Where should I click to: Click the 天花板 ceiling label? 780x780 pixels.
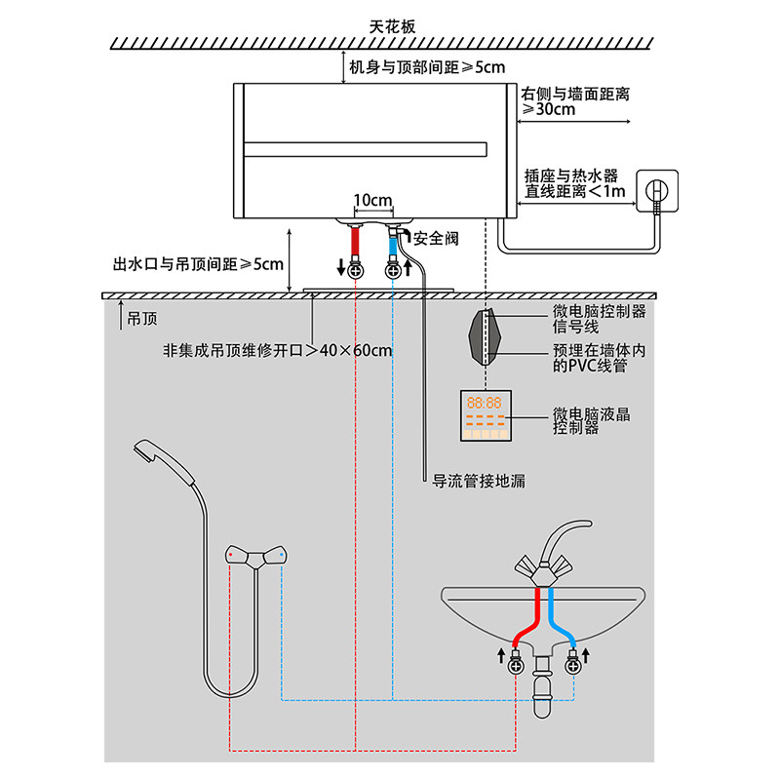(392, 26)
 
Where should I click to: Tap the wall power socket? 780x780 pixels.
(657, 191)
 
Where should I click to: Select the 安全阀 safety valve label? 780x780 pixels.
(436, 239)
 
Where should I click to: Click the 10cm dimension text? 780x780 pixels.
(372, 200)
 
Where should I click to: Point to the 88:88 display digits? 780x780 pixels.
(484, 403)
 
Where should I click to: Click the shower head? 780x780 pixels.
(164, 460)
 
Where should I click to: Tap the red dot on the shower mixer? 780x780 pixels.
(230, 554)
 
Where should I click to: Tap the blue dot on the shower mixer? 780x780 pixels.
(282, 554)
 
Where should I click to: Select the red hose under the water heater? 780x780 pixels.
(355, 241)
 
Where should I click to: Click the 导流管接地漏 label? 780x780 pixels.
(479, 481)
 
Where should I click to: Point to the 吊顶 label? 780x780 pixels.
(141, 319)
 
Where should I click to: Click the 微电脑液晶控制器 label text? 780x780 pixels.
(591, 421)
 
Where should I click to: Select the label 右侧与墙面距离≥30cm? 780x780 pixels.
(575, 101)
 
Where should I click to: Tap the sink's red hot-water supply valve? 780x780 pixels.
(516, 663)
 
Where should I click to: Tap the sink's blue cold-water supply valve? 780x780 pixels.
(572, 663)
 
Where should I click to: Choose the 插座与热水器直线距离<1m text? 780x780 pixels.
(574, 183)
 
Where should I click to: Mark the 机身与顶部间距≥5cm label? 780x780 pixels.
(427, 67)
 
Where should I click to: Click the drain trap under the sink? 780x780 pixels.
(542, 686)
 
